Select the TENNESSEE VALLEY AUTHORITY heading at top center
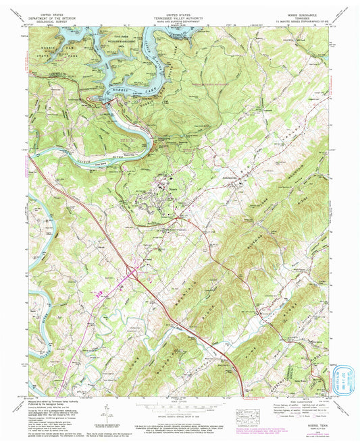pyautogui.click(x=179, y=16)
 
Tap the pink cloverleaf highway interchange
pyautogui.click(x=132, y=273)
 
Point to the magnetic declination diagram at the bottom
pyautogui.click(x=108, y=412)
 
